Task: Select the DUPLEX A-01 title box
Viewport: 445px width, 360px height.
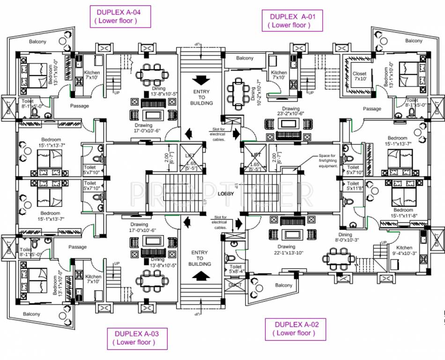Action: click(291, 21)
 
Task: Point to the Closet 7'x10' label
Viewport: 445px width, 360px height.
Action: click(359, 76)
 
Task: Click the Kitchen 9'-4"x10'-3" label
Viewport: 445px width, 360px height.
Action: click(404, 251)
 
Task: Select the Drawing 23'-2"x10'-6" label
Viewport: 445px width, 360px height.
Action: click(291, 111)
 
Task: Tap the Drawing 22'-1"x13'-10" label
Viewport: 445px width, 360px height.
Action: click(286, 250)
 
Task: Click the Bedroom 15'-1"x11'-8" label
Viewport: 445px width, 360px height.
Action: click(403, 213)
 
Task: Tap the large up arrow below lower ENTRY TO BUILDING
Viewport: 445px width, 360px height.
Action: click(201, 277)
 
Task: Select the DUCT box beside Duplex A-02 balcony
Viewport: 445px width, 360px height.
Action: click(235, 285)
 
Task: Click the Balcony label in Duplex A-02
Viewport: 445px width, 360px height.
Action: click(284, 285)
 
